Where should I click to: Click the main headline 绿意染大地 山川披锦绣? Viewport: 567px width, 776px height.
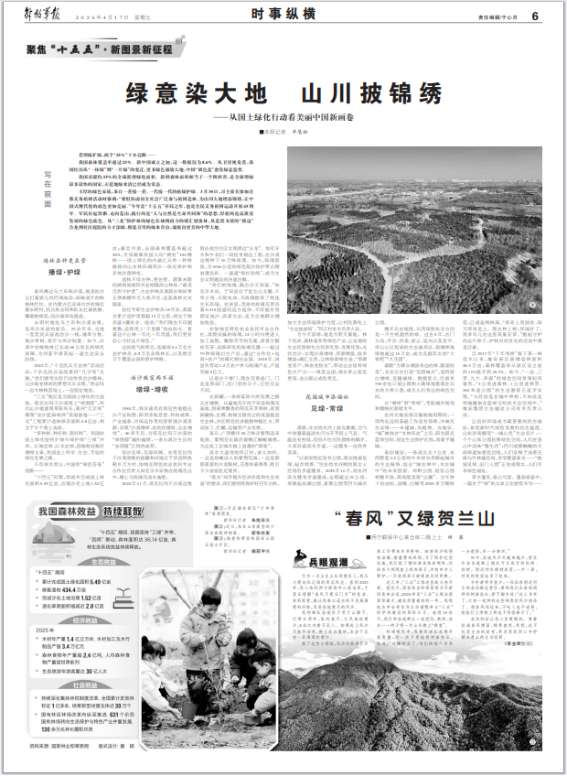coord(283,94)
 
